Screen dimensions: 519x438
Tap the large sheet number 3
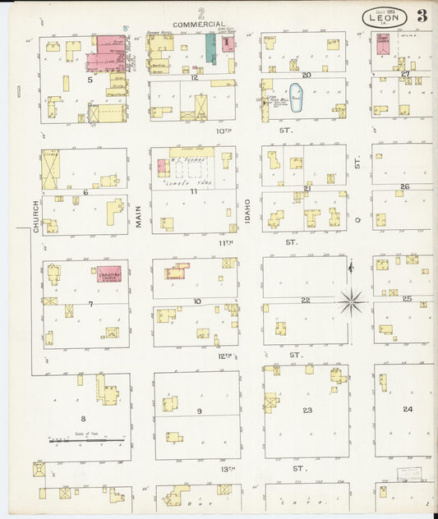(422, 16)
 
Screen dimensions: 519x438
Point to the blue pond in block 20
(297, 96)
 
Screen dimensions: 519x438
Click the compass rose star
(351, 302)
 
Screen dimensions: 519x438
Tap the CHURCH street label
(36, 218)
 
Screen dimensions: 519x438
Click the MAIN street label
(139, 216)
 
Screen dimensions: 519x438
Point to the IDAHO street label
(248, 213)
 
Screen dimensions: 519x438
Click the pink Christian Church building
(109, 274)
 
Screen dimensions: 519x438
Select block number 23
(307, 410)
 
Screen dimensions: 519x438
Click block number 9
(198, 411)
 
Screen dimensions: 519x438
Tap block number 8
(82, 418)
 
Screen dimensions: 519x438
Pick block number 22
(305, 300)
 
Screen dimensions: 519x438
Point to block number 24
(407, 408)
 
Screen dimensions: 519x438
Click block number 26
(404, 186)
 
